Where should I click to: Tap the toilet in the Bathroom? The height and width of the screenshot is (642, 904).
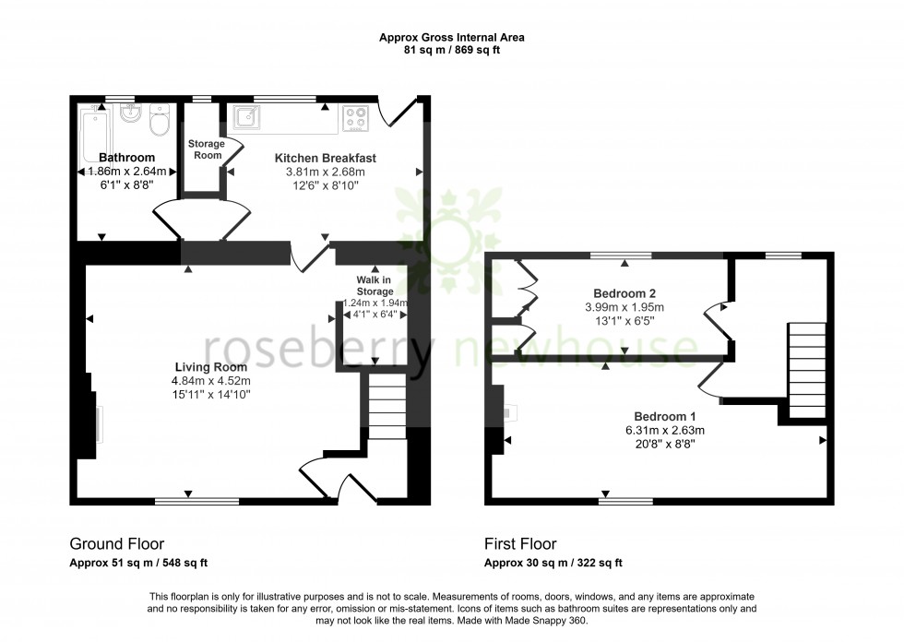coord(161,120)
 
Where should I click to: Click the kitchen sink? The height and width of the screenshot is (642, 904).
coord(247,116)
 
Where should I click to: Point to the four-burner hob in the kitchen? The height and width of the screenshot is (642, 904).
coord(356,117)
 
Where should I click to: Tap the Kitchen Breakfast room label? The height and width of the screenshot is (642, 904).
coord(325,158)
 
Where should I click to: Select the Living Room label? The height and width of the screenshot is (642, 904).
coord(210,367)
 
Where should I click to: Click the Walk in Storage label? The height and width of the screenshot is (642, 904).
coord(375,285)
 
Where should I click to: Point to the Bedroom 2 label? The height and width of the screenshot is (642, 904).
coord(625,293)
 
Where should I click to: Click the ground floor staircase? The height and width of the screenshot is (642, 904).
coord(387,400)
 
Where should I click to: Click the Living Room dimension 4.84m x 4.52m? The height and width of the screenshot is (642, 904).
coord(210,381)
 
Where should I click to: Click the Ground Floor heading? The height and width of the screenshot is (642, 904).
coord(117,544)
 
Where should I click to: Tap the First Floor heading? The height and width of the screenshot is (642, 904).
coord(520,544)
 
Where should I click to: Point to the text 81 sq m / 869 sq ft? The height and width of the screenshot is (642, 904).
coord(452,50)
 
